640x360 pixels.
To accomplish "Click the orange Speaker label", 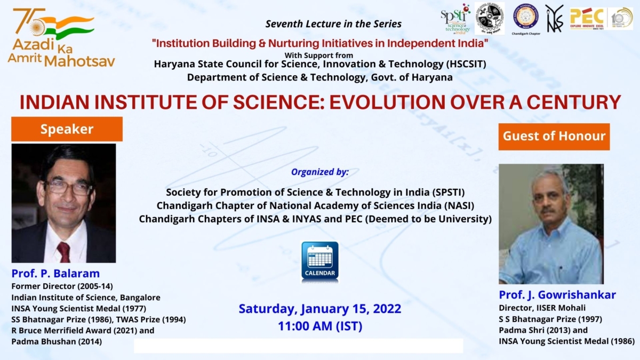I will (x=67, y=129).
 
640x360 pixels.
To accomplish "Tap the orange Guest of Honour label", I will (x=554, y=136).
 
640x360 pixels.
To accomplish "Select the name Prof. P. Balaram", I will (x=55, y=274).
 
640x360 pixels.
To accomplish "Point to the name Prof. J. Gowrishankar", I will (x=557, y=295).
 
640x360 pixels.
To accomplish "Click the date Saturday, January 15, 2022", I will (x=320, y=309).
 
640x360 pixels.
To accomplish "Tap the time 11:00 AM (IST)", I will (x=320, y=326).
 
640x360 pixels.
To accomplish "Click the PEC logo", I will (x=586, y=18).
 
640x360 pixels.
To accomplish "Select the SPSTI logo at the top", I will (x=455, y=19).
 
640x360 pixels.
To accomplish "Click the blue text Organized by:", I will (x=320, y=172).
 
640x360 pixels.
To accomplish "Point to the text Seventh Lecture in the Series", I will (x=333, y=24).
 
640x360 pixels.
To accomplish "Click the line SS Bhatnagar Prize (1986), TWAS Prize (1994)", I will (x=99, y=319).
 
